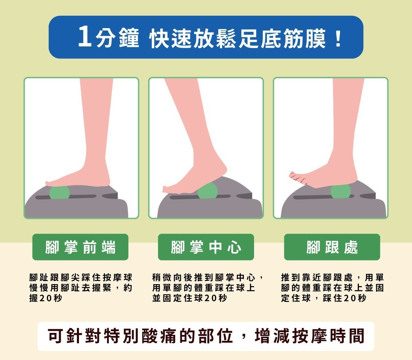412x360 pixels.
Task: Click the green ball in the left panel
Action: (x=59, y=193)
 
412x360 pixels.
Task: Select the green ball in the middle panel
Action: (x=207, y=190)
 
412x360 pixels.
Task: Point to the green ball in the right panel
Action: (x=341, y=191)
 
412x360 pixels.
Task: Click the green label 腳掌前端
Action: (x=80, y=247)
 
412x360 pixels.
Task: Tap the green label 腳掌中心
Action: (x=206, y=247)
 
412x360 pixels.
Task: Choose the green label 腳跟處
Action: (x=332, y=247)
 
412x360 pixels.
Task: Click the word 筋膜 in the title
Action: (x=304, y=38)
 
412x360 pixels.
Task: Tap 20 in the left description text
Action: (x=46, y=298)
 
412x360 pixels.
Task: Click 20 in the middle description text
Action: (x=210, y=298)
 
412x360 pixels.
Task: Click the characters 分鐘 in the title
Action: (x=117, y=38)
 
